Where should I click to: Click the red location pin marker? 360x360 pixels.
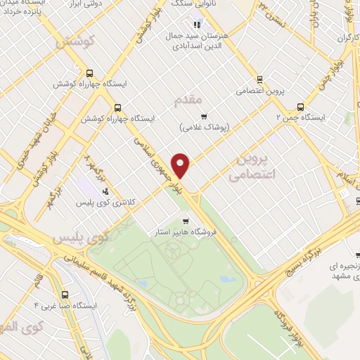[x=181, y=166]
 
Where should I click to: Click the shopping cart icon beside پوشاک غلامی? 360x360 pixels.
[x=204, y=117]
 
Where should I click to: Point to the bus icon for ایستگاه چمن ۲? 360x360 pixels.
[x=300, y=107]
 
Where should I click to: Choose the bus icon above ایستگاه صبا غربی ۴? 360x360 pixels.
[x=65, y=295]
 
